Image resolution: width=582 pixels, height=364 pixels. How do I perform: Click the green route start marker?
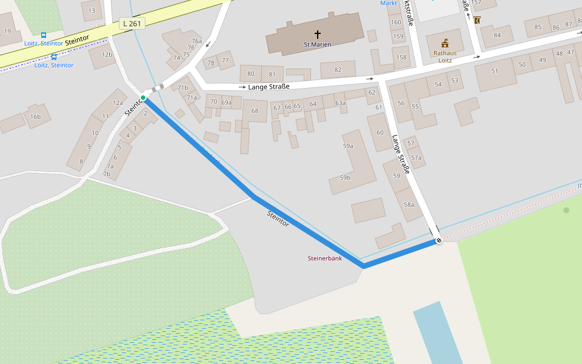click(143, 98)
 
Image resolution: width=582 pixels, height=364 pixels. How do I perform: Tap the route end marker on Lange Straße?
click(439, 241)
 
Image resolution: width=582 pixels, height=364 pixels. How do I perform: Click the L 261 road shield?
click(132, 24)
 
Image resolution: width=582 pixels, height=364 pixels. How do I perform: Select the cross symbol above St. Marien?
click(318, 35)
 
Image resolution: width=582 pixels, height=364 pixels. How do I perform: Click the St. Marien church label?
click(318, 45)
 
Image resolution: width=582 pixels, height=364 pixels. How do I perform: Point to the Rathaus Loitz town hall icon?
click(445, 43)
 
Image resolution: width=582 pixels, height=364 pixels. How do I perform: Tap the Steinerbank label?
click(325, 258)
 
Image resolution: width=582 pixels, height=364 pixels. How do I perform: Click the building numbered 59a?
click(348, 146)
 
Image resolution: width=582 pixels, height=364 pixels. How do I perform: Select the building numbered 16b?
click(35, 116)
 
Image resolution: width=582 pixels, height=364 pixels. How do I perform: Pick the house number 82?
click(338, 70)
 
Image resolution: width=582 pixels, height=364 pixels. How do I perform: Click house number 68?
click(255, 110)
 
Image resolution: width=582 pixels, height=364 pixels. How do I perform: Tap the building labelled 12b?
click(107, 55)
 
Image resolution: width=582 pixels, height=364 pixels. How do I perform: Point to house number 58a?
click(409, 204)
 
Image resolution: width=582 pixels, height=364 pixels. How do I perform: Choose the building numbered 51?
click(495, 71)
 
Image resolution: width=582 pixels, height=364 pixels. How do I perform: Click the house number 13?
click(92, 10)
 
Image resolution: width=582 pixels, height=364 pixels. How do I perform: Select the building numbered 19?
click(7, 31)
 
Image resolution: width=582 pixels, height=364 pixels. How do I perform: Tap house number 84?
click(498, 35)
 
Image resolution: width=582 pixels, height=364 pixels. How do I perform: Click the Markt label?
click(389, 3)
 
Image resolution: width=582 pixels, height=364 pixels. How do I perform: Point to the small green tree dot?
click(566, 210)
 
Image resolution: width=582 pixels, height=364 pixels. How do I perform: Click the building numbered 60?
click(380, 132)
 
